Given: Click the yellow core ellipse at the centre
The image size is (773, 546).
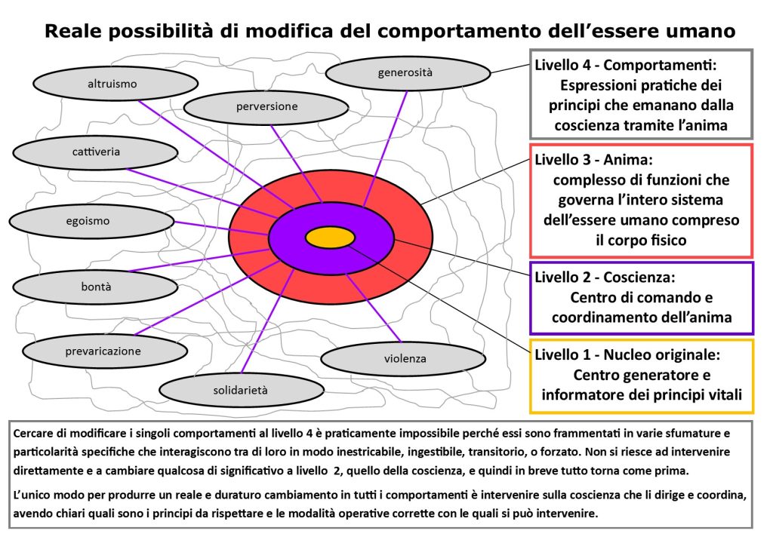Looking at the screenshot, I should (330, 237).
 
